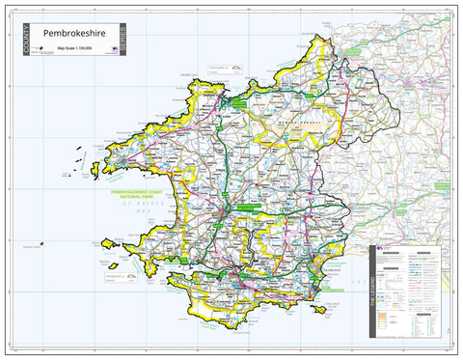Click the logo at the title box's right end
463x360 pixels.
pos(116,48)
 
